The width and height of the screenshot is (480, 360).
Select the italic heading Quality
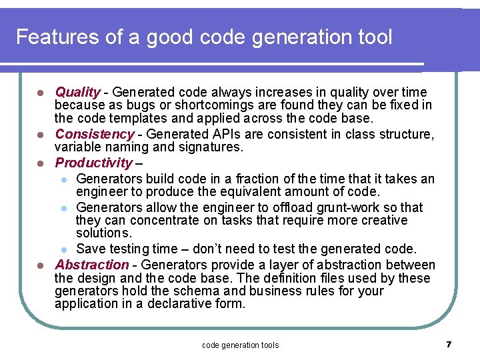coord(77,92)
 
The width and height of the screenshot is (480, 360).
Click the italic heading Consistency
coord(95,134)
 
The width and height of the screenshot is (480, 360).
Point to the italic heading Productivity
coord(94,163)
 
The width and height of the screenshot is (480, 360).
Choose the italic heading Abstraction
coord(92,265)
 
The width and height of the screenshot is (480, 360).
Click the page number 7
coord(449,344)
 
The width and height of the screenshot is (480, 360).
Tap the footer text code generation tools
coord(240,345)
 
